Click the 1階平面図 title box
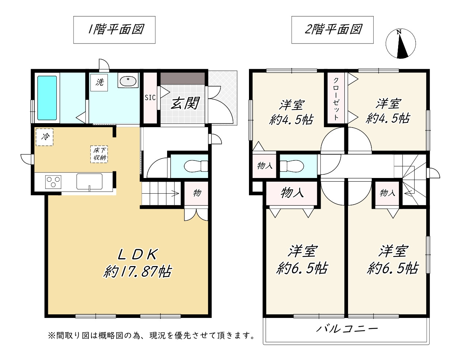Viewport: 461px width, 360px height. [114, 30]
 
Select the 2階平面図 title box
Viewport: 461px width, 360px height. [332, 30]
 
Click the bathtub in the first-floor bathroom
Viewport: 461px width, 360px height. [47, 98]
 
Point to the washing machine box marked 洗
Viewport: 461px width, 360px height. [99, 82]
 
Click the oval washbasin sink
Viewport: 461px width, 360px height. [128, 81]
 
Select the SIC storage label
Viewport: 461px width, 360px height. [150, 98]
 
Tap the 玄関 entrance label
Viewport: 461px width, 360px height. [185, 103]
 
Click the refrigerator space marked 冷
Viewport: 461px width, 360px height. [44, 137]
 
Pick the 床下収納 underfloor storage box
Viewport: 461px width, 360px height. [99, 154]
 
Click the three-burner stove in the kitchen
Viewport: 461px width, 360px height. [53, 182]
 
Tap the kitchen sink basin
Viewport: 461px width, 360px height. [89, 182]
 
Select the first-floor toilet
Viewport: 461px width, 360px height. [196, 166]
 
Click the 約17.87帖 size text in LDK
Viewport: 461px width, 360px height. [137, 272]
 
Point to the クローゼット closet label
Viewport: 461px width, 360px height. [336, 99]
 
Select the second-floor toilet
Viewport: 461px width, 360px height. [292, 166]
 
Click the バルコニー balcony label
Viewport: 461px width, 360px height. [347, 329]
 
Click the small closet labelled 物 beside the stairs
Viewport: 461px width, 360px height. [196, 193]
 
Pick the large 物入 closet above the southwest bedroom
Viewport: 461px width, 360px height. [292, 193]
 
